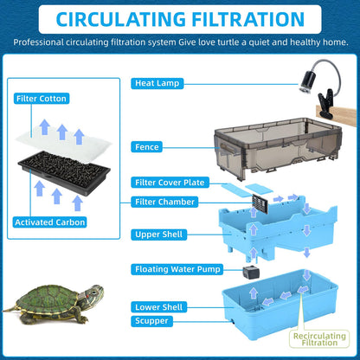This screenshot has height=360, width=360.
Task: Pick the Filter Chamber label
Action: click(x=164, y=202)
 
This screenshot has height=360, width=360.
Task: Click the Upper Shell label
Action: click(x=159, y=235)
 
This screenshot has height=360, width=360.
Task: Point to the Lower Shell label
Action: click(x=158, y=306)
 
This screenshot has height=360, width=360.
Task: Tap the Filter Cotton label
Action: click(x=42, y=99)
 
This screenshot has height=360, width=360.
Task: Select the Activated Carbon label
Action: click(x=48, y=222)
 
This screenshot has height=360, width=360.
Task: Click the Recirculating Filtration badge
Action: click(x=321, y=338)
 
